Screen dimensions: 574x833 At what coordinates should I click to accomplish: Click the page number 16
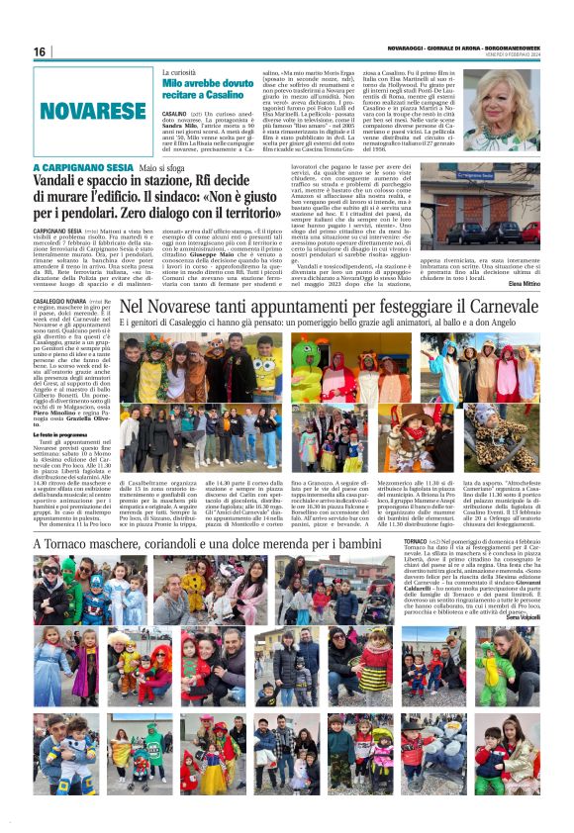pyautogui.click(x=40, y=51)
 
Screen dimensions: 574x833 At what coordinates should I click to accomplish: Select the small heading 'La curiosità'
pyautogui.click(x=182, y=72)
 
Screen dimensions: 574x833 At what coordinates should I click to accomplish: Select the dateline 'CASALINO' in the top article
pyautogui.click(x=177, y=115)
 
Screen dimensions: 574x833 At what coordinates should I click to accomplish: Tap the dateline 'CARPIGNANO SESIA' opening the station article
pyautogui.click(x=65, y=230)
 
